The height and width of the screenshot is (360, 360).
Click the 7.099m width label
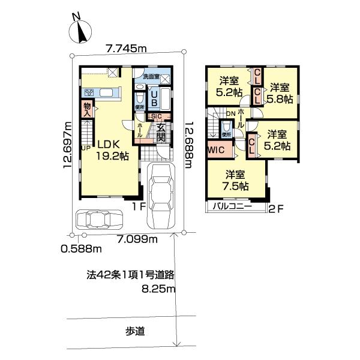click(137, 240)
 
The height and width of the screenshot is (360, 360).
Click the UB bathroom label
click(154, 98)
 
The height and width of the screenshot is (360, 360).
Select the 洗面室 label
click(151, 77)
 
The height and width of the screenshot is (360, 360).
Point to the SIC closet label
click(155, 116)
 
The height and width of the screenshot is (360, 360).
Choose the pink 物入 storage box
click(88, 109)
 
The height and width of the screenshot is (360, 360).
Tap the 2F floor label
click(275, 209)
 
